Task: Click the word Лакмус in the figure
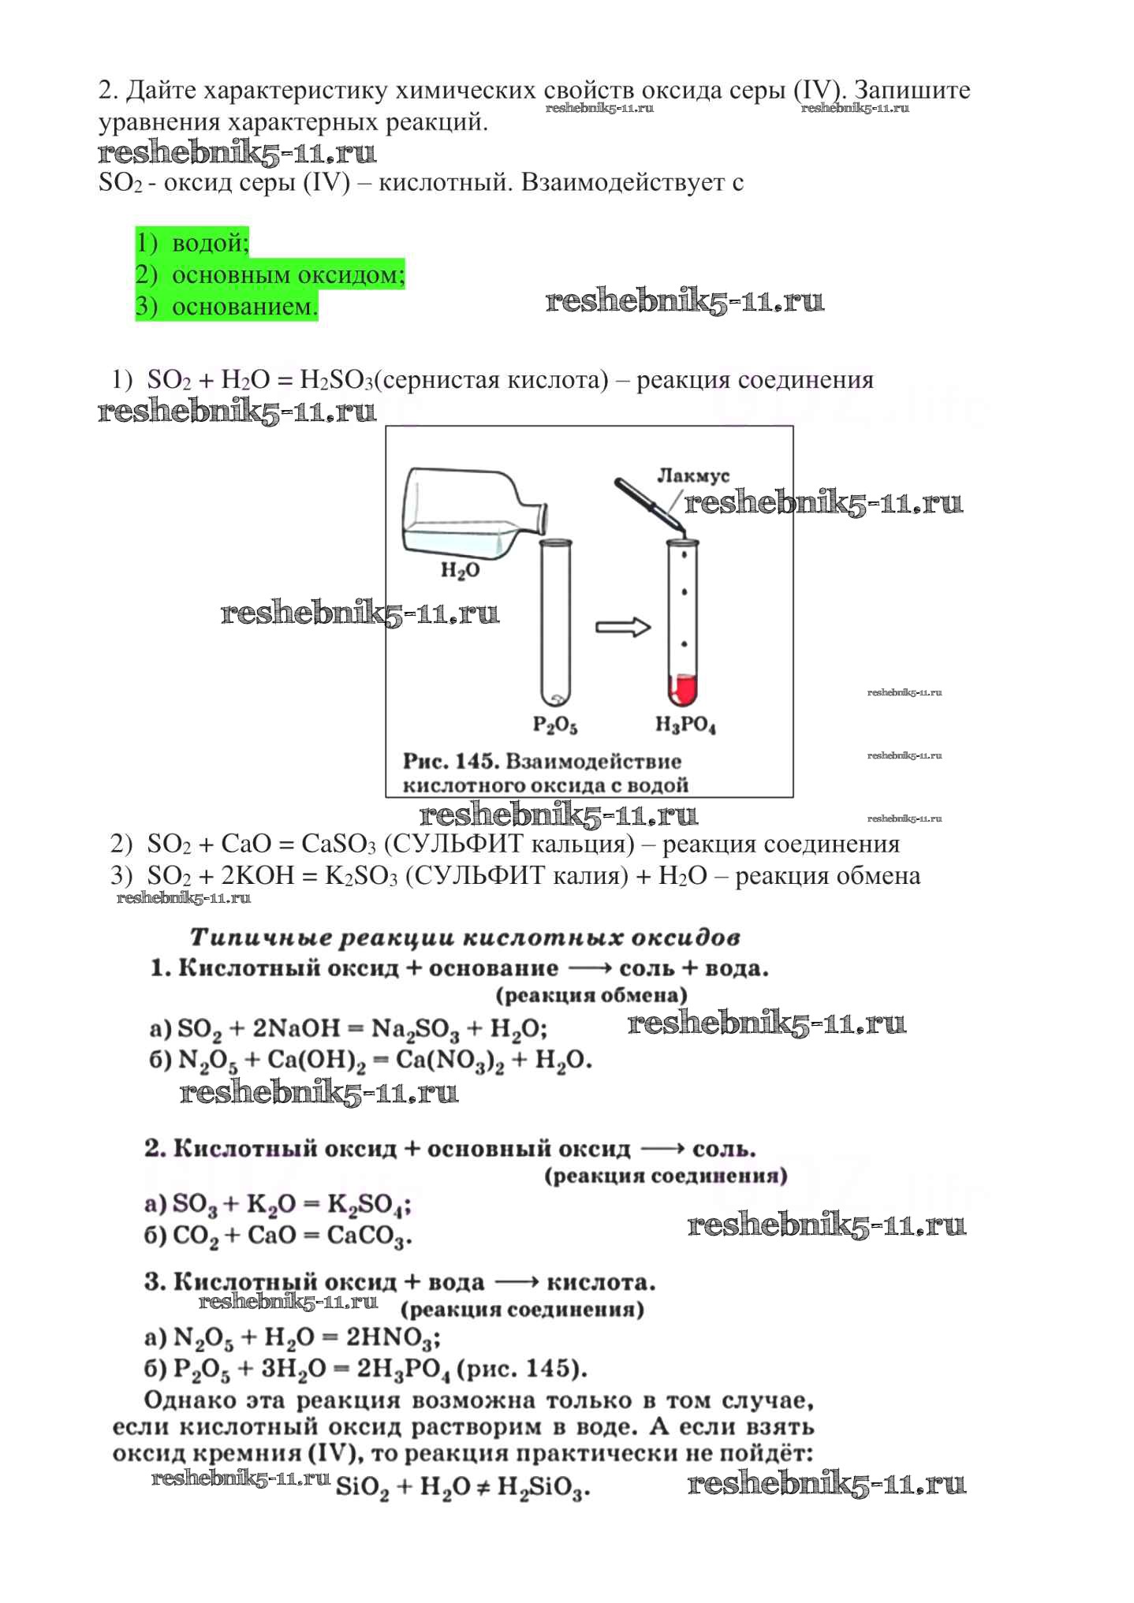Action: [x=693, y=475]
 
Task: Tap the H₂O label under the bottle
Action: [x=460, y=570]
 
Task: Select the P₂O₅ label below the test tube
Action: [x=555, y=725]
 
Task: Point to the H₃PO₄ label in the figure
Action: [x=685, y=725]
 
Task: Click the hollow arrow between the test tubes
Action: [x=622, y=628]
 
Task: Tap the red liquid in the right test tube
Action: [x=683, y=691]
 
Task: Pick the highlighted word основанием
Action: [x=244, y=307]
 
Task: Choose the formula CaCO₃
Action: [x=368, y=1236]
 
